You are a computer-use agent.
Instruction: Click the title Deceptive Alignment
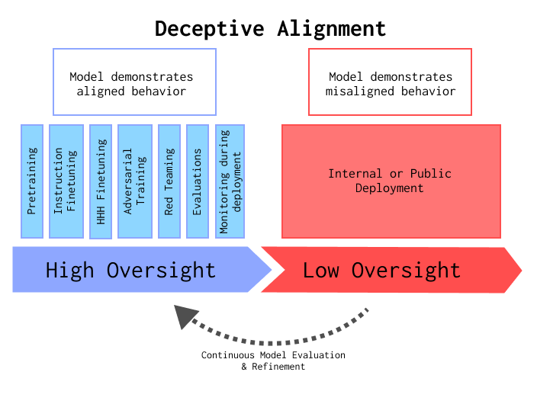[x=270, y=29]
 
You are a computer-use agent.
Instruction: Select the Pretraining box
[x=32, y=181]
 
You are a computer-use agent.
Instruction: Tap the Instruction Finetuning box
[x=66, y=181]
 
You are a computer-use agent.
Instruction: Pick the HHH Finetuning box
[x=101, y=181]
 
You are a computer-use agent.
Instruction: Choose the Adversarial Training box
[x=134, y=181]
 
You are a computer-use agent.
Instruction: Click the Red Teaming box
[x=169, y=181]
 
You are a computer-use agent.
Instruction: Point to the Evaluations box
[x=197, y=181]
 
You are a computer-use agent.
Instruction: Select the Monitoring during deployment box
[x=230, y=181]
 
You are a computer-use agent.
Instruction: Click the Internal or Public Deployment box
[x=391, y=181]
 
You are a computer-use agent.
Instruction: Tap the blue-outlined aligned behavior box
[x=134, y=82]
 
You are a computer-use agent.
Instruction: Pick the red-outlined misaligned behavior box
[x=390, y=82]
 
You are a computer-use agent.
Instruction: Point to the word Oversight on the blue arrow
[x=161, y=270]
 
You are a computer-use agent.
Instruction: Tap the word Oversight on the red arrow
[x=406, y=270]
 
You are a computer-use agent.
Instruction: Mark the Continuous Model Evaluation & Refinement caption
[x=273, y=361]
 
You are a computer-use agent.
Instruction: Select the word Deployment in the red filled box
[x=389, y=188]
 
